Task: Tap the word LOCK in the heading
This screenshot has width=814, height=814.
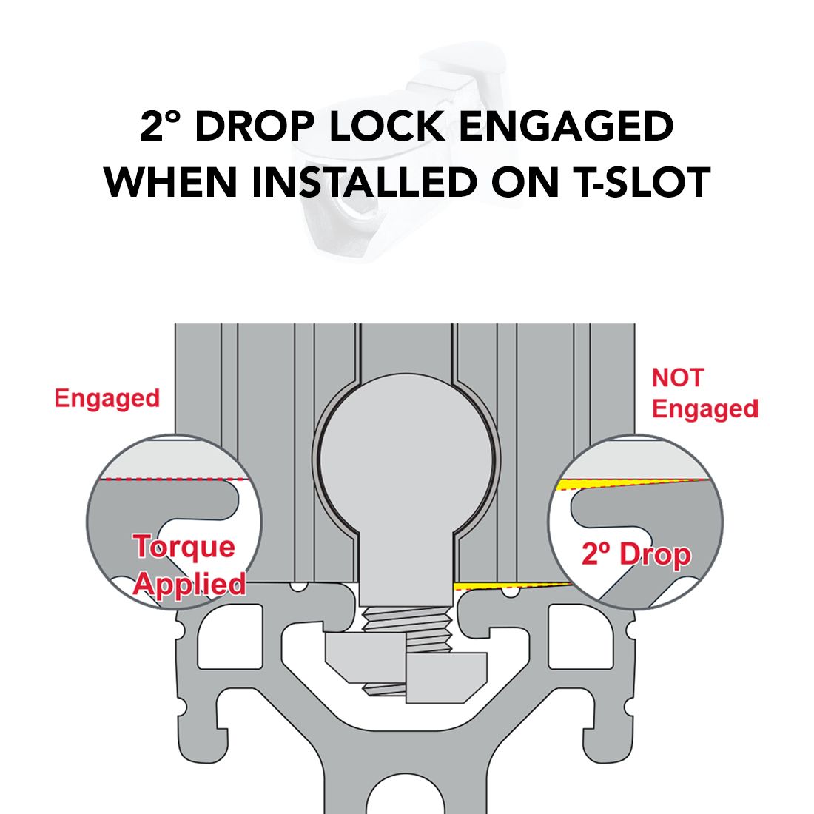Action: [x=386, y=126]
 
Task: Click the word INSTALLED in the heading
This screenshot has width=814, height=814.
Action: [x=364, y=182]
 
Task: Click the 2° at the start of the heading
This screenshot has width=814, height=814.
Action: [x=160, y=126]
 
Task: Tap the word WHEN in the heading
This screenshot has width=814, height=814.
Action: [x=170, y=182]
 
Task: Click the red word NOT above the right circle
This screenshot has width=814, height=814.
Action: [x=677, y=377]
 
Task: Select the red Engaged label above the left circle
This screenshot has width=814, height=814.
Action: [x=107, y=399]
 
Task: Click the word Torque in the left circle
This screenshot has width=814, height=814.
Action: [x=185, y=547]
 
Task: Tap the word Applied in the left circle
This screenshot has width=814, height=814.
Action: [x=190, y=584]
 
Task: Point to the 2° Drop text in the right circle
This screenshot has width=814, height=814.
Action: [x=636, y=554]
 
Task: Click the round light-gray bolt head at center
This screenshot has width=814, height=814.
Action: [x=407, y=459]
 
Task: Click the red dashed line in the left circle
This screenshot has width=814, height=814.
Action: [x=172, y=480]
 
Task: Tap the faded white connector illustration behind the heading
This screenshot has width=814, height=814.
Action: [x=400, y=150]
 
